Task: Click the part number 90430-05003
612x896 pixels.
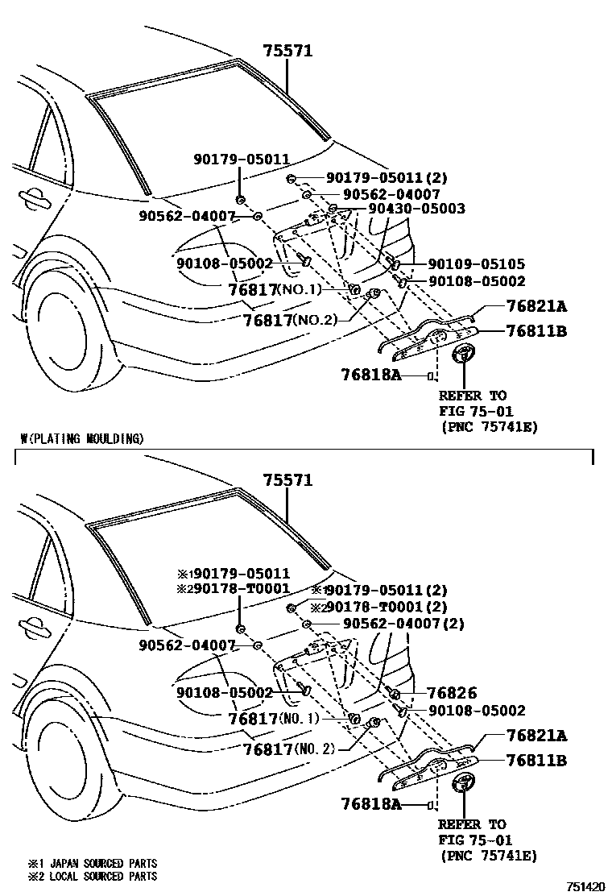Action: coord(416,209)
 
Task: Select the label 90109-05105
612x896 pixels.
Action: coord(476,263)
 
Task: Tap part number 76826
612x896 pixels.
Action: coord(452,693)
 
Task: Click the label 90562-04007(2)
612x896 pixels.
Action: coord(403,624)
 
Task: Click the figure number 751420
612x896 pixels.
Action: coord(585,886)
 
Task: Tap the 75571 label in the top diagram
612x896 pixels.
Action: coord(287,52)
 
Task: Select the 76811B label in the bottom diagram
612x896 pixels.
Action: coord(535,760)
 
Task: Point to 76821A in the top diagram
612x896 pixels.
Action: coord(535,306)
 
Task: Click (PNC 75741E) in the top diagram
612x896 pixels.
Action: coord(489,426)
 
